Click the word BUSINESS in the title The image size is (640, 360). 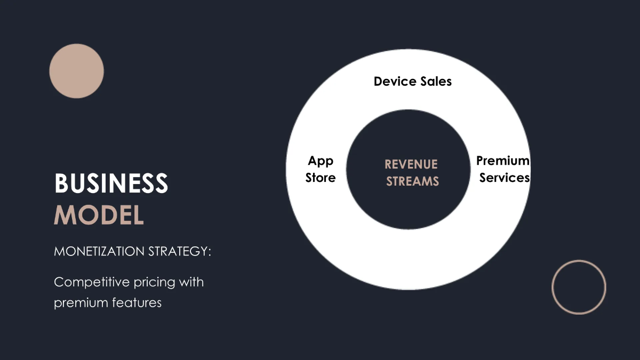tap(111, 184)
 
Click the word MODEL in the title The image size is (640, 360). tap(99, 214)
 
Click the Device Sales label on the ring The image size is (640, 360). tap(412, 82)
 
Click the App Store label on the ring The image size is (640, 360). tap(321, 169)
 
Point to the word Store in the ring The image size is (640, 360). tap(321, 178)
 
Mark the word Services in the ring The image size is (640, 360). tap(505, 178)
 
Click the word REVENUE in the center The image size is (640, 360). tap(411, 164)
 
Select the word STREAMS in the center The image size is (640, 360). tap(412, 181)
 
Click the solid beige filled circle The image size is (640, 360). tap(76, 71)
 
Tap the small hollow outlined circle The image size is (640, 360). tap(579, 287)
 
